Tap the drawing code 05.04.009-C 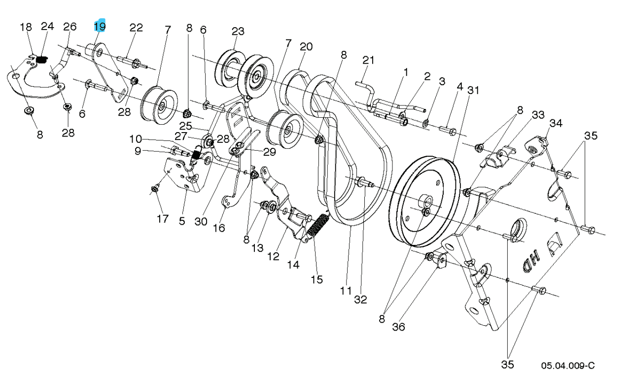[567, 365]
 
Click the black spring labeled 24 [42, 60]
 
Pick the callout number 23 [238, 32]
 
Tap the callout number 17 [163, 218]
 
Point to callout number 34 [556, 122]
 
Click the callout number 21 [368, 60]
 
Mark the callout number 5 [182, 222]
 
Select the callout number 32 [361, 299]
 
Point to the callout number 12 [274, 256]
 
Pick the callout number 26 [70, 27]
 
